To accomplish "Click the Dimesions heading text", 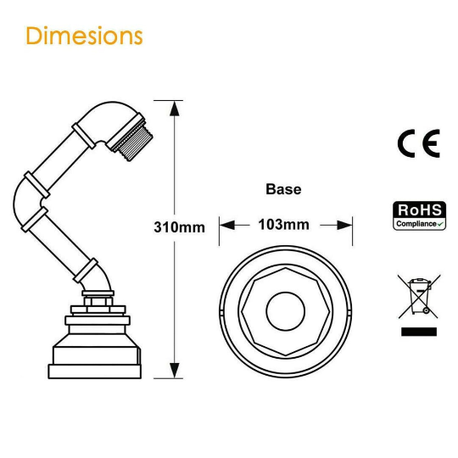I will tap(84, 36).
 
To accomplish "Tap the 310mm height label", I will tap(179, 226).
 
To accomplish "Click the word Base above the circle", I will tap(283, 189).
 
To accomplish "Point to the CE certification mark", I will tap(418, 143).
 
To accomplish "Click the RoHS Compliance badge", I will tap(418, 215).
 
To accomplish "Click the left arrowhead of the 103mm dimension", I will tap(226, 225).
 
